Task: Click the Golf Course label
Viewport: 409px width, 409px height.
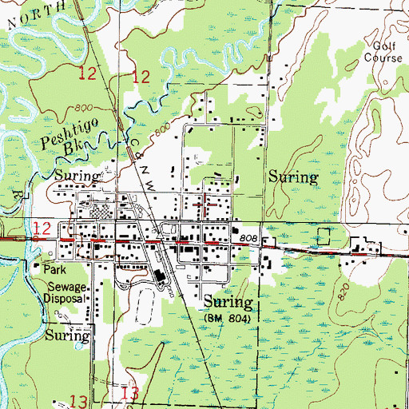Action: click(x=380, y=52)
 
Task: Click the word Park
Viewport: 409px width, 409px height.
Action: click(x=55, y=270)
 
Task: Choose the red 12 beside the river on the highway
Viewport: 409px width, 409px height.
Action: click(x=46, y=229)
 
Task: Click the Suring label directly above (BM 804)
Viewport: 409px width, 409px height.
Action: click(x=228, y=303)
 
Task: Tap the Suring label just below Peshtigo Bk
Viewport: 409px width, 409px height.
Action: click(x=77, y=175)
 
